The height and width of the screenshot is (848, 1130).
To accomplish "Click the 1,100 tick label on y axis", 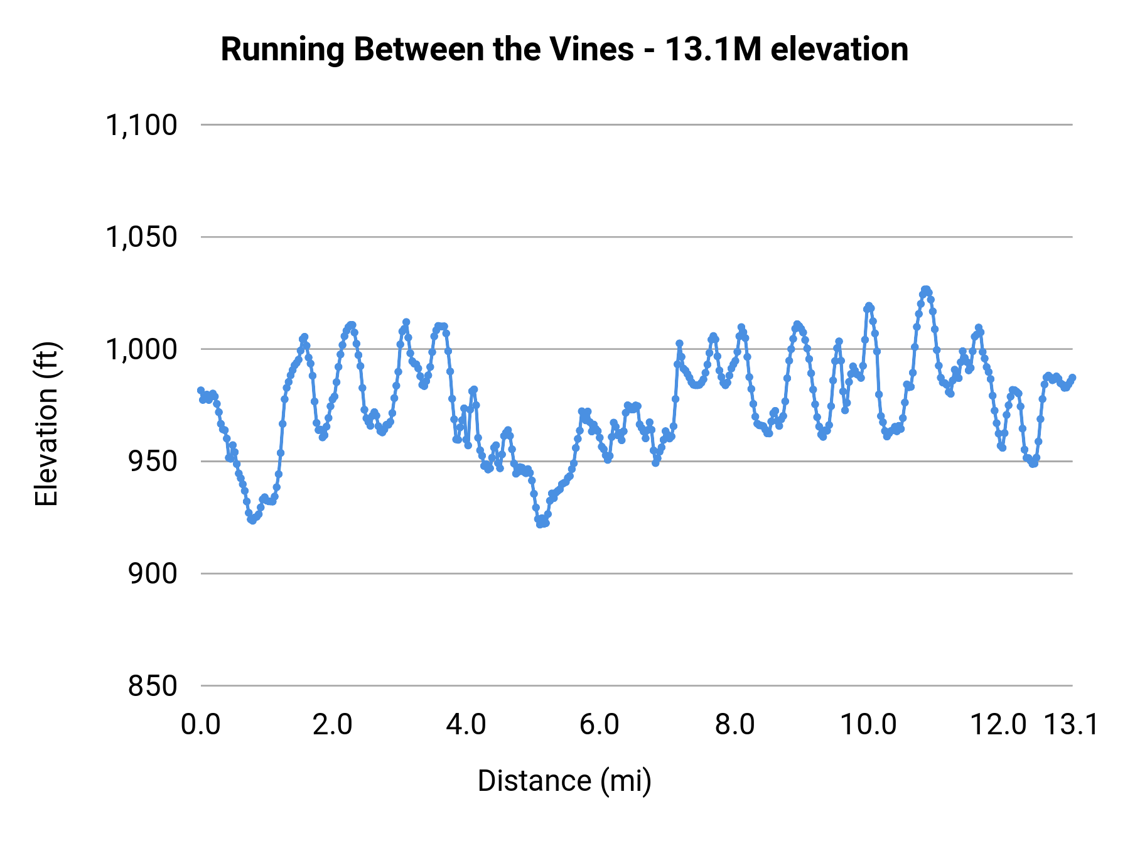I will point(141,126).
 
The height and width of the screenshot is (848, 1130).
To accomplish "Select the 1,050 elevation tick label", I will point(141,237).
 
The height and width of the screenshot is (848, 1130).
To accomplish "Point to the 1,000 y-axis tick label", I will point(141,350).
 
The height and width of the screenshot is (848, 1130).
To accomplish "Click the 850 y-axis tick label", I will point(153,686).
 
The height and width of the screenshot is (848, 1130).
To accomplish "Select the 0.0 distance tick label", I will point(201,725).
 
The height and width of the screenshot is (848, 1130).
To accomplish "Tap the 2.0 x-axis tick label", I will point(333,725).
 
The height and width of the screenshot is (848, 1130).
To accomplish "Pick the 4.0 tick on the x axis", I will point(466,725).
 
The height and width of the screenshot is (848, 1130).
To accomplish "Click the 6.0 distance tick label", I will point(600,725).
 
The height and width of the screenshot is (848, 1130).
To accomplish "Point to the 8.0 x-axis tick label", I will point(734,725).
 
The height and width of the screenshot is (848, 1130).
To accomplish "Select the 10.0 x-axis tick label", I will point(868,725).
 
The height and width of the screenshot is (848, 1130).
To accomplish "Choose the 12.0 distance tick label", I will point(998,725).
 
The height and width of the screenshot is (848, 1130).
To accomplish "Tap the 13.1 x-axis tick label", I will point(1071,725).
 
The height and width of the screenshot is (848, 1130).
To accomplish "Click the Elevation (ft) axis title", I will point(46,424).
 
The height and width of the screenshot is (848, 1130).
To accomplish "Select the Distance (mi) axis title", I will point(564,781).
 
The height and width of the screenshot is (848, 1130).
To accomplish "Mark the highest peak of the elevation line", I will point(925,289).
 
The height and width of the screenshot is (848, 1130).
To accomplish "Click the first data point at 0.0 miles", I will point(201,390).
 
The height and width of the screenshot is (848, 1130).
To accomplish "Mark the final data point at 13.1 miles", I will point(1072,378).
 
